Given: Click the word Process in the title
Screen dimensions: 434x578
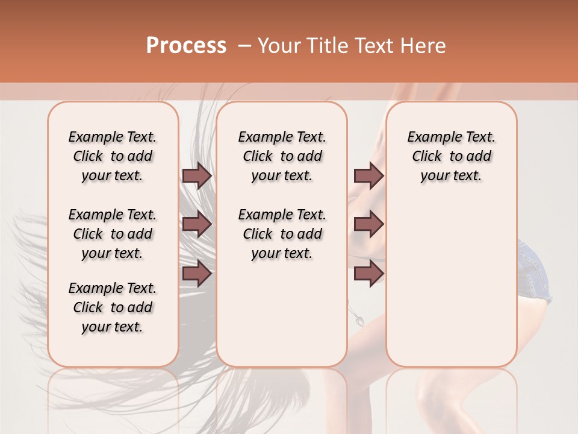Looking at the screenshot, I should click(186, 45).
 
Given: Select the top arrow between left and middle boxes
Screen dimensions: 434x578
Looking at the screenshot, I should click(197, 175).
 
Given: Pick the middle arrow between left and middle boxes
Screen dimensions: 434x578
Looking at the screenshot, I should click(197, 224).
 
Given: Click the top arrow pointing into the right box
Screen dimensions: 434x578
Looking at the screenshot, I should click(368, 175).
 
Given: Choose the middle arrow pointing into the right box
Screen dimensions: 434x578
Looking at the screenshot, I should click(368, 224).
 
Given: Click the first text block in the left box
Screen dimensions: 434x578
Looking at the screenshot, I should click(113, 156).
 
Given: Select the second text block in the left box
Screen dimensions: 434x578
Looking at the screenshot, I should click(113, 234).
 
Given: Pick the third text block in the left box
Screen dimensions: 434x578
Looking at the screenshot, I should click(113, 307).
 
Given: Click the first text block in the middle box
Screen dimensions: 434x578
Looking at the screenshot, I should click(282, 156).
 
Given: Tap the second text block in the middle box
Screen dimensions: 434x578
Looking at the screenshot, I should click(282, 234).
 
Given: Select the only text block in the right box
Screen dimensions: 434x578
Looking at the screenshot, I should click(451, 156).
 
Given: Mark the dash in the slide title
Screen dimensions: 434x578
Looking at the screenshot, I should click(244, 46).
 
